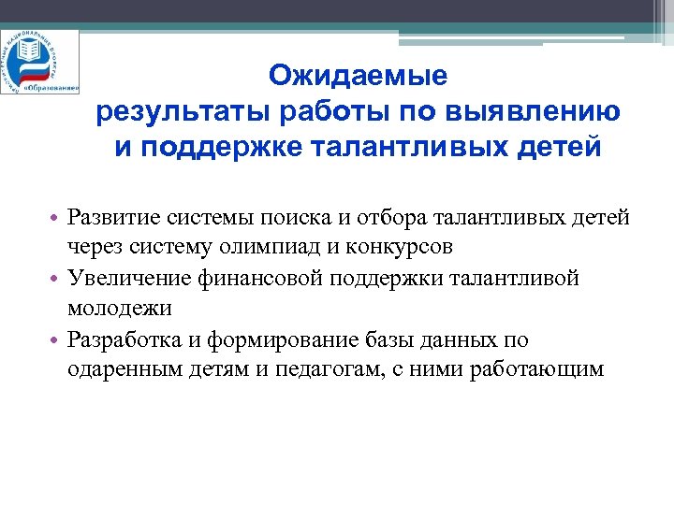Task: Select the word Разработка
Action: [x=121, y=339]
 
